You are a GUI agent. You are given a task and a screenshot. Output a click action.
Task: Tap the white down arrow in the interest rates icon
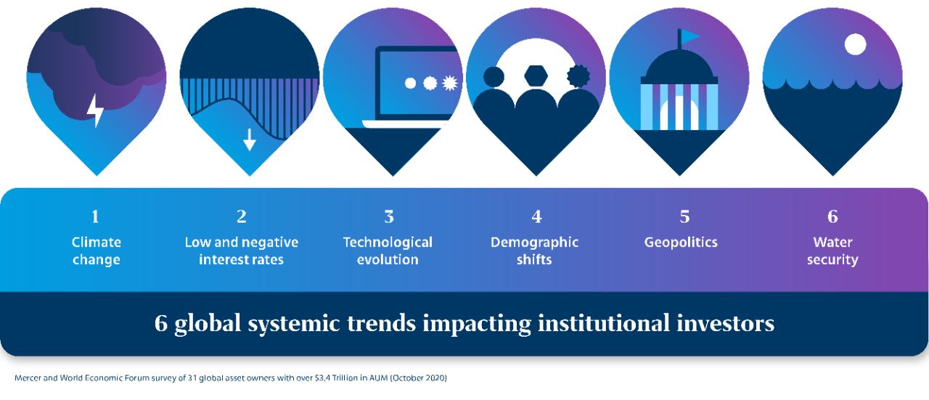(249, 140)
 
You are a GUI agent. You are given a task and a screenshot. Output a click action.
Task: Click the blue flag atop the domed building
(689, 36)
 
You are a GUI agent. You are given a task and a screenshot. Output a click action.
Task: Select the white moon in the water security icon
(855, 44)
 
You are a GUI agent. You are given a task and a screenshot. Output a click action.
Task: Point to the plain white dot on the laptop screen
(410, 83)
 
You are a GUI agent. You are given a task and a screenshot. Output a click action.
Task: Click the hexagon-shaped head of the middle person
(536, 76)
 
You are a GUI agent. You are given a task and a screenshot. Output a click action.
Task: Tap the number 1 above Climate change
(95, 216)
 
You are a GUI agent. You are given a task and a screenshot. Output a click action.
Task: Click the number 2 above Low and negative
(242, 216)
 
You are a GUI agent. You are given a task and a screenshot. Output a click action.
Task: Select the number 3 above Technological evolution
(388, 216)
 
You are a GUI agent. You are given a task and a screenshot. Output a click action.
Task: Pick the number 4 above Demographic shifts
(536, 216)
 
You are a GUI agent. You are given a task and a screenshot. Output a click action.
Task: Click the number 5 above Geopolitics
(684, 216)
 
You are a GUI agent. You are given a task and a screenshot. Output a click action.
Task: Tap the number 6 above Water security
(832, 216)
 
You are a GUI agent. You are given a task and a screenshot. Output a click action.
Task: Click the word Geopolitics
(681, 242)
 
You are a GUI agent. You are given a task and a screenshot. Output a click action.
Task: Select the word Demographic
(534, 242)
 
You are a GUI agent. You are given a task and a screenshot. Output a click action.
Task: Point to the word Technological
(388, 242)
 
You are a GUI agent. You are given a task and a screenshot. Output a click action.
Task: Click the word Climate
(97, 242)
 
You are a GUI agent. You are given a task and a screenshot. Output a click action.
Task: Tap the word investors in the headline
(725, 323)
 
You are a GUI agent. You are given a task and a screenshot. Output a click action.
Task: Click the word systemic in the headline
(294, 324)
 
